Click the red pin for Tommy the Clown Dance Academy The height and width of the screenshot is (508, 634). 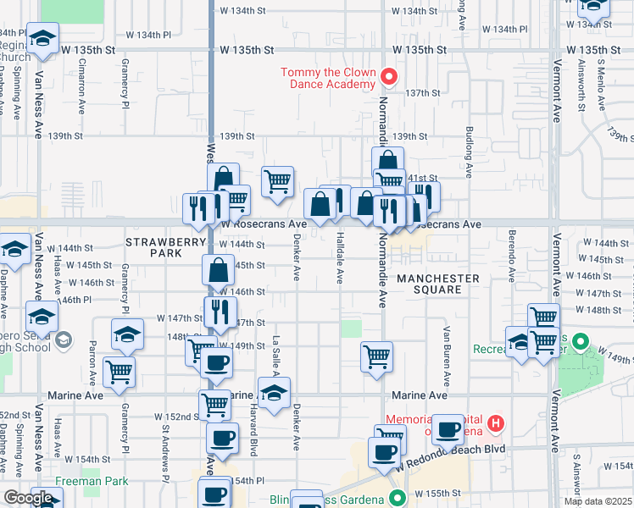(389, 77)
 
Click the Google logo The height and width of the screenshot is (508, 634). (27, 498)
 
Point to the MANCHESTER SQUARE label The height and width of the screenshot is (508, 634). (438, 284)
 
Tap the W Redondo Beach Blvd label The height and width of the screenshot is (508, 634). (451, 468)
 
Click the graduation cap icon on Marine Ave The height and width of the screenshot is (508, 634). (274, 393)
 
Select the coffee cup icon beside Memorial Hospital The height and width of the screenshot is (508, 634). (448, 428)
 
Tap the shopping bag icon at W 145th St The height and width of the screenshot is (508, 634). (218, 270)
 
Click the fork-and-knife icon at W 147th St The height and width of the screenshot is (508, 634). (220, 312)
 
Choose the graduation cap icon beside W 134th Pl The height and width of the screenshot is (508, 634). (42, 40)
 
